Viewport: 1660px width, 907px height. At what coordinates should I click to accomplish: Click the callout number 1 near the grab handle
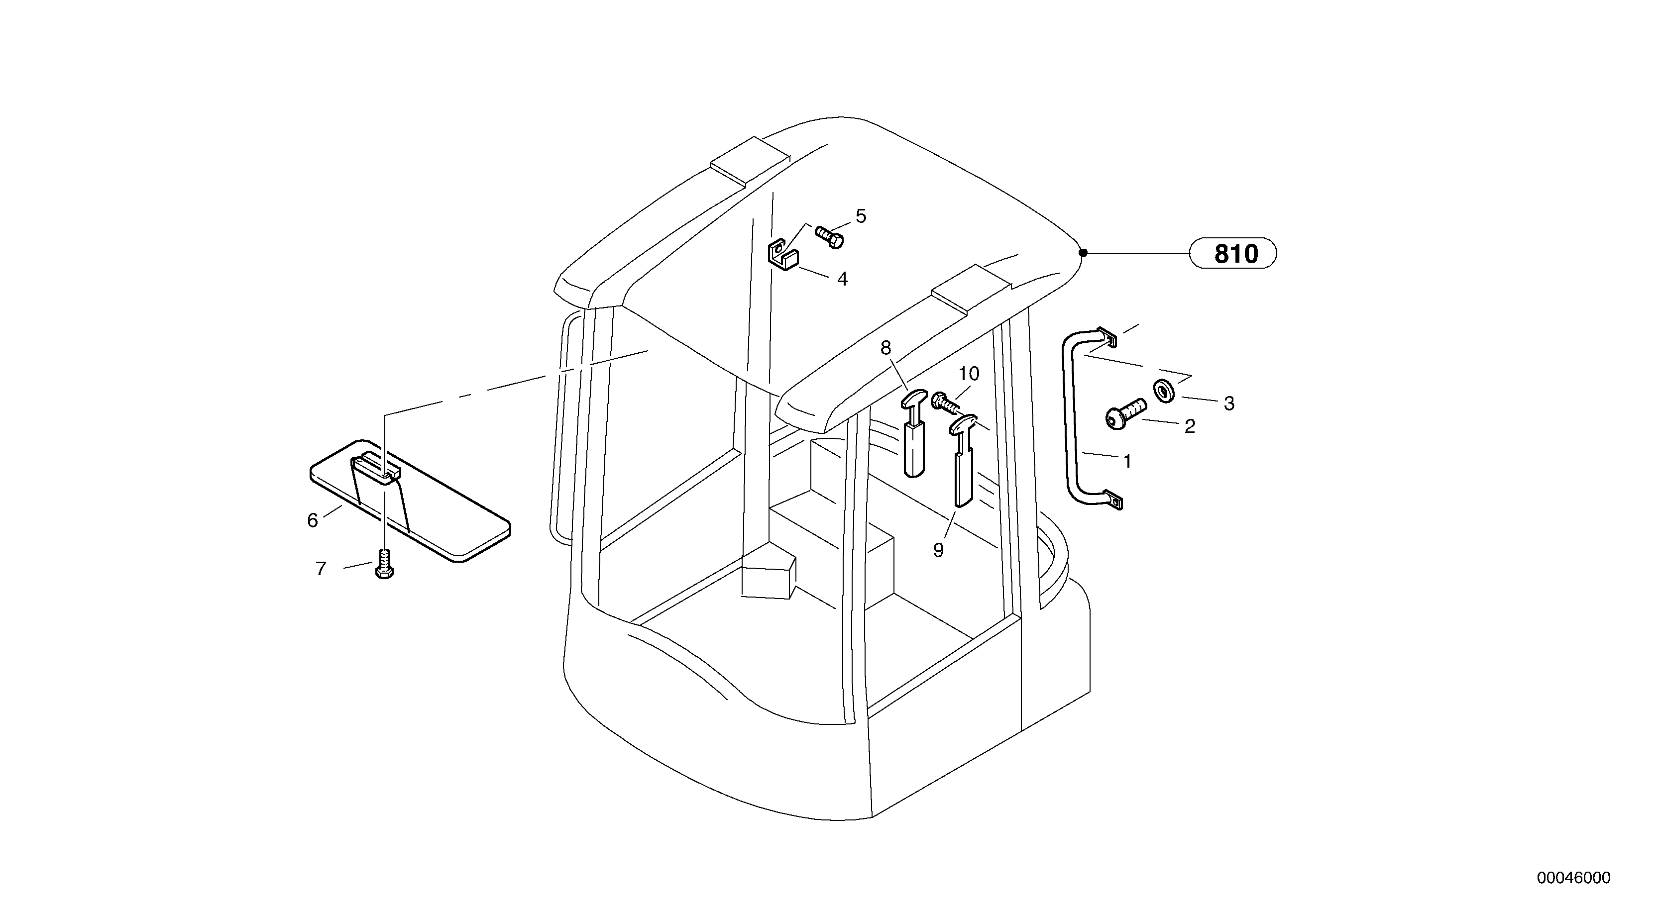(1127, 461)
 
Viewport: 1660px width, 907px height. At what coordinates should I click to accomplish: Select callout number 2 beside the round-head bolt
(1190, 426)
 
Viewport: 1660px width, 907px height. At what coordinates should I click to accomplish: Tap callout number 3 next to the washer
(1229, 404)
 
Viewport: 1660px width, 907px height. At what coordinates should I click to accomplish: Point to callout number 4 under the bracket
(842, 280)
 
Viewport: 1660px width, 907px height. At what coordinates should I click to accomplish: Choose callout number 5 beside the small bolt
(861, 216)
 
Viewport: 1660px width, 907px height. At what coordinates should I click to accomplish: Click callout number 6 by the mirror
(313, 520)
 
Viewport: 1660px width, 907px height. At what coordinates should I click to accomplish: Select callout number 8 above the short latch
(886, 348)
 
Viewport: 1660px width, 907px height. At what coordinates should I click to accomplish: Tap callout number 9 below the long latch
(938, 550)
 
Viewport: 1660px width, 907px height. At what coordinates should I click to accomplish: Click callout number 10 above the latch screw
(969, 374)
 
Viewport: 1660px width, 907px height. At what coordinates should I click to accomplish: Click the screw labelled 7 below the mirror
(384, 564)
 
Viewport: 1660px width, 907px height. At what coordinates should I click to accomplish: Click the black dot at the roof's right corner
(1083, 253)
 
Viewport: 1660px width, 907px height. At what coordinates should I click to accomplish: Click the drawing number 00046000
(1573, 878)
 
